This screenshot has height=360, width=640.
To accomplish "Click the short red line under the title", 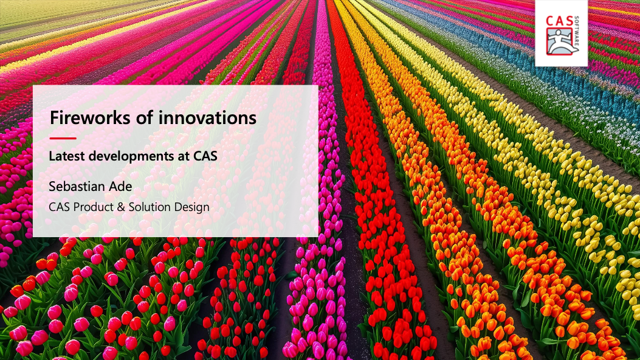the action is tap(63, 139).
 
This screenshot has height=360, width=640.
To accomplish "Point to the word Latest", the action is tap(67, 156).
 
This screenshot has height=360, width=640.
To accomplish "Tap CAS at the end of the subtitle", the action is tap(205, 156).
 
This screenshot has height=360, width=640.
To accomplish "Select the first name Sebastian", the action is tap(74, 187).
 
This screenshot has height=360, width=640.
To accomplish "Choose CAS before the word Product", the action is tap(60, 207).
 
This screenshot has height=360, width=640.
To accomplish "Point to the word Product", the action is tap(94, 207).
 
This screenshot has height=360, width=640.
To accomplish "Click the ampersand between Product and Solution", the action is tap(121, 207).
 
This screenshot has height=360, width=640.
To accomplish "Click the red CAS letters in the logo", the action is tap(559, 21).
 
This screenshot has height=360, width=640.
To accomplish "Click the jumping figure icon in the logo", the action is tap(560, 41).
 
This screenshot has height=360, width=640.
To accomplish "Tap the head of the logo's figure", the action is tap(558, 33).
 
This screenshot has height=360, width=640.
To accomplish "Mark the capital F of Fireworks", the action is tap(54, 118).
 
